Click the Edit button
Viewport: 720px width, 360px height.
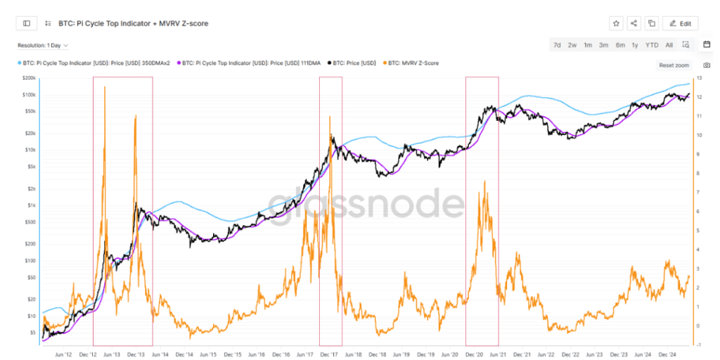(680, 23)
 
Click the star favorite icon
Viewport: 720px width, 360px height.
(616, 23)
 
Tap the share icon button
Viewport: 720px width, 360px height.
(634, 23)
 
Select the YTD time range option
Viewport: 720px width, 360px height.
(652, 45)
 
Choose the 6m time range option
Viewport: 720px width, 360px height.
(620, 45)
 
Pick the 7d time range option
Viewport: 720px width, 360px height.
(557, 45)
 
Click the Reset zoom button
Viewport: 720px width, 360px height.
(674, 65)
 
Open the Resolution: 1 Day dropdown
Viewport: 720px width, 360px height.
(43, 45)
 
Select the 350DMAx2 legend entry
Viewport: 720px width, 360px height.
(96, 63)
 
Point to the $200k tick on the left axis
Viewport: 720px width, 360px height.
(30, 78)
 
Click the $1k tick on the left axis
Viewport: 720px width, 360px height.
(31, 205)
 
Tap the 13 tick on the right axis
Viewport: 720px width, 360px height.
(699, 78)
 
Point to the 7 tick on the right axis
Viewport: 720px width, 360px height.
(698, 192)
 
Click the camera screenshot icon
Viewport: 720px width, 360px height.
(707, 65)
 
